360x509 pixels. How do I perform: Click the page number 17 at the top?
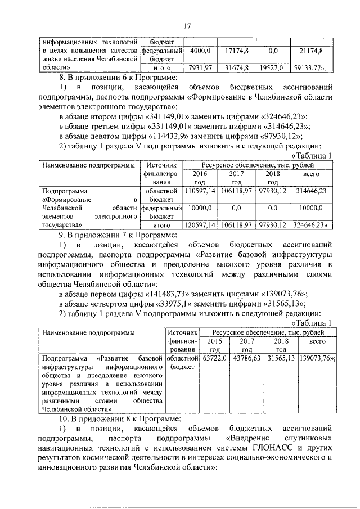click(x=187, y=25)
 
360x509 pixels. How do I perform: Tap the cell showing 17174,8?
click(x=237, y=51)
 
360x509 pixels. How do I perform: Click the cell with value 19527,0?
click(x=273, y=68)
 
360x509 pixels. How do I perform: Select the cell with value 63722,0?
click(x=214, y=357)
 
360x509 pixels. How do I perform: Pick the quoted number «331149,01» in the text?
click(x=169, y=127)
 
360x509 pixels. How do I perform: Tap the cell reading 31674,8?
click(x=237, y=68)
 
